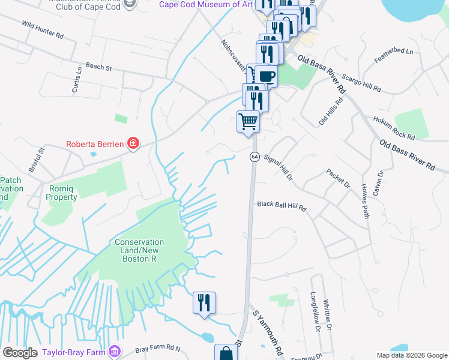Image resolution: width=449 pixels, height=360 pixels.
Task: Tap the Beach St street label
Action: point(99,68)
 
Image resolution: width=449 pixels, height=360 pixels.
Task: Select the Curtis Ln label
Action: point(77,79)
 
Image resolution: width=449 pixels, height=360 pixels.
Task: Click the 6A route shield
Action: point(254,156)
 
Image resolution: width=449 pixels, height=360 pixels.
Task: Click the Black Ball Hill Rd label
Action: point(282,205)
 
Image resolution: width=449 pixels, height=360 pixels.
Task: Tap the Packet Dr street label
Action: point(338,178)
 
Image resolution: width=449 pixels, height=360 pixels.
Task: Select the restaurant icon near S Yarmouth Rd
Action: point(204,303)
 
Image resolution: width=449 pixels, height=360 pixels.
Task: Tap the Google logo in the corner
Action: point(20,352)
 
